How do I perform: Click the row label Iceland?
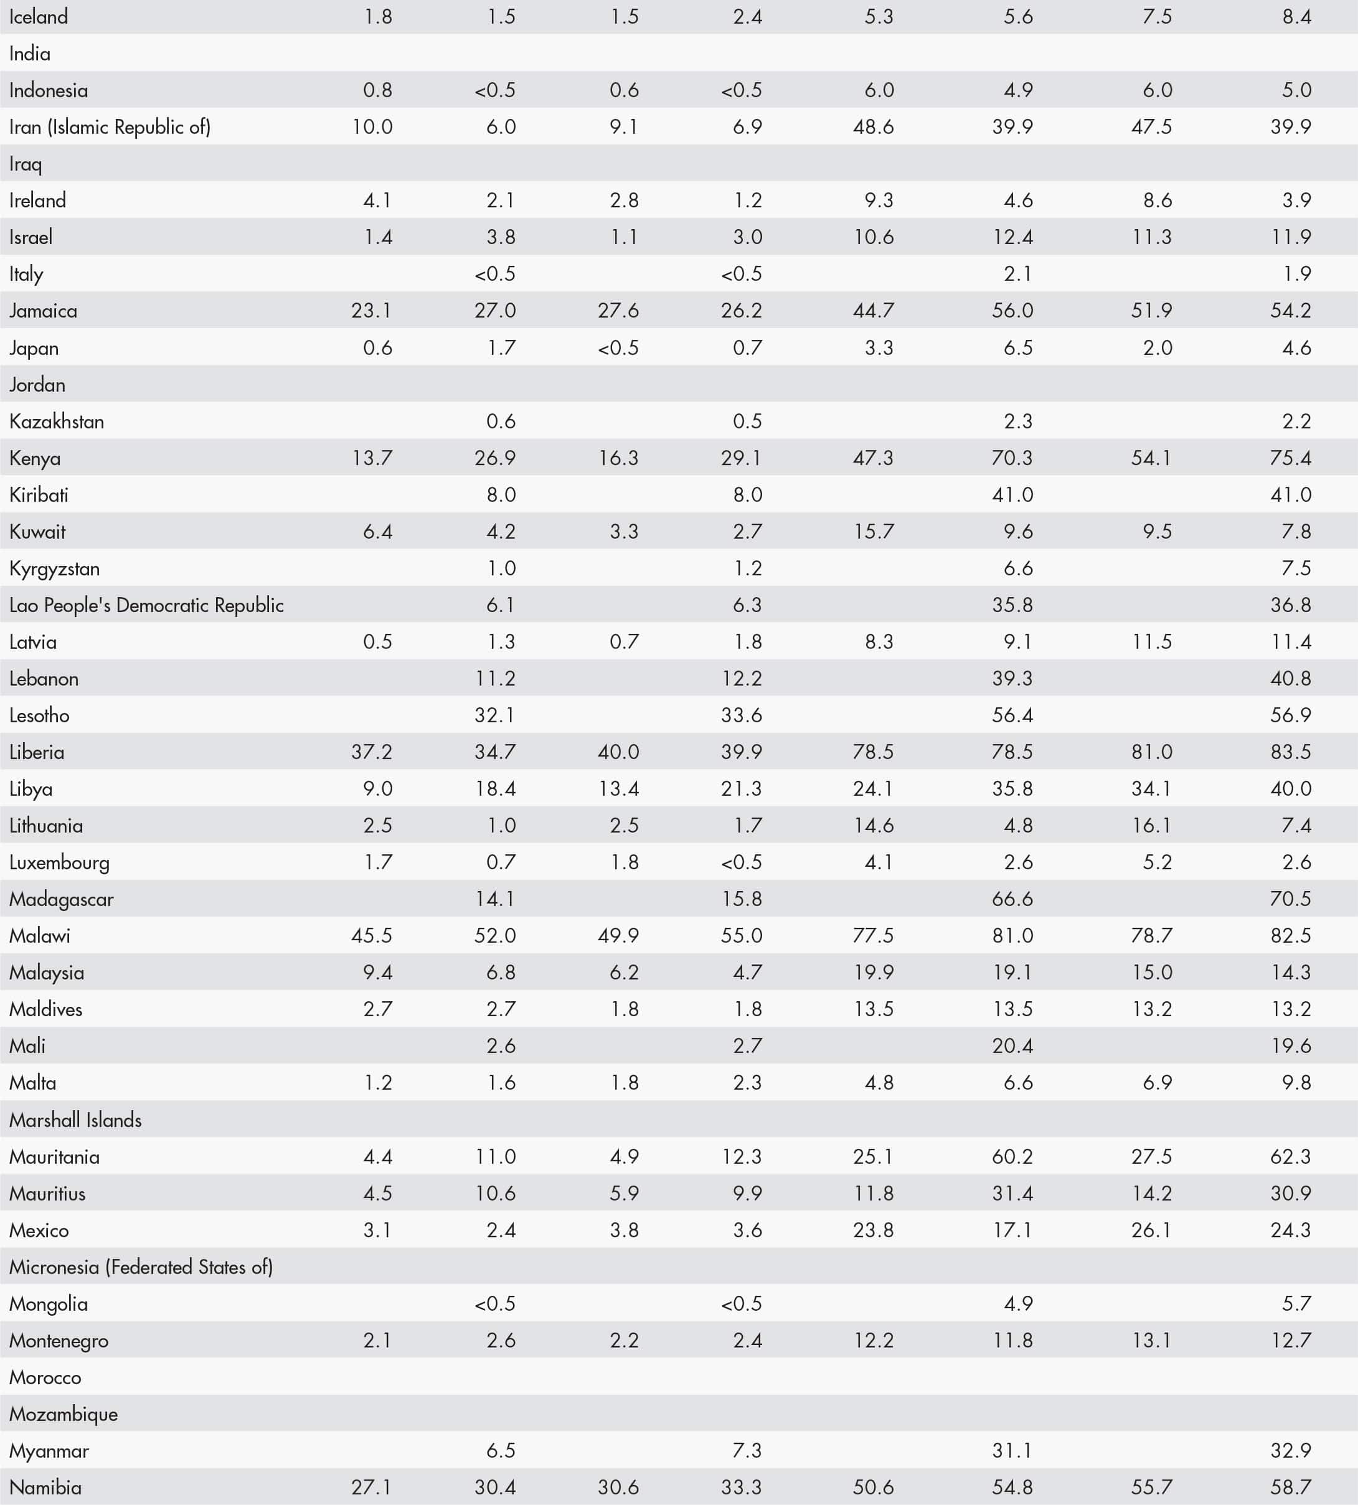pyautogui.click(x=38, y=16)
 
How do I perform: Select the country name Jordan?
pyautogui.click(x=37, y=385)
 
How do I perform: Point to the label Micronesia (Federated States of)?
pyautogui.click(x=141, y=1267)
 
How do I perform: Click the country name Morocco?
pyautogui.click(x=45, y=1377)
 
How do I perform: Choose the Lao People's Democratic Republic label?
pyautogui.click(x=146, y=605)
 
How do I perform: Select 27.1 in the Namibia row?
pyautogui.click(x=372, y=1488)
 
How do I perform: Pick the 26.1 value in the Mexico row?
pyautogui.click(x=1151, y=1230)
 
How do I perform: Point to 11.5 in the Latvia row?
pyautogui.click(x=1151, y=642)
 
